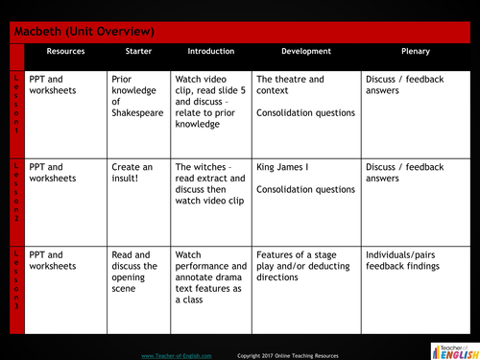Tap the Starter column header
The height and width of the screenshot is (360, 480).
138,52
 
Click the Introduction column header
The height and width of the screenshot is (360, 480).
211,52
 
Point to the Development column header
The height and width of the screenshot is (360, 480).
306,52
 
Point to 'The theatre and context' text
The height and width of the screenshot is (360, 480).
290,85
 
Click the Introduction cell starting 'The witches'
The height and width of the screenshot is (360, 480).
211,183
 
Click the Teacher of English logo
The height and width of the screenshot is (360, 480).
449,349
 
